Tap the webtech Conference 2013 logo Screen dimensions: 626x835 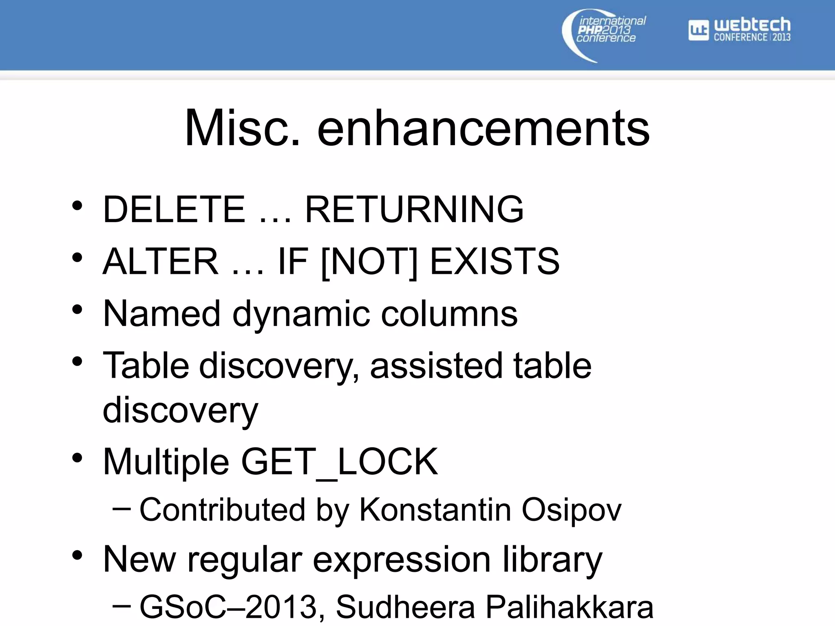739,30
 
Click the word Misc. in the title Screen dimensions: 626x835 243,128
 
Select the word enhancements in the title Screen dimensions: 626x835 483,128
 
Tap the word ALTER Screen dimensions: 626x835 160,261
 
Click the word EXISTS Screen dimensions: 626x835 495,261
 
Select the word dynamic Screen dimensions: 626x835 301,314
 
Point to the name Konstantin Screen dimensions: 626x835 435,510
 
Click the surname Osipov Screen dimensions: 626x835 571,510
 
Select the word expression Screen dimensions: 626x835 402,560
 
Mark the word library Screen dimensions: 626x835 552,560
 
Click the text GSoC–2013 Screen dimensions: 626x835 228,607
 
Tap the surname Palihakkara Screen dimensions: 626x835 570,607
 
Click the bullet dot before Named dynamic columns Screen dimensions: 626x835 77,310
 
